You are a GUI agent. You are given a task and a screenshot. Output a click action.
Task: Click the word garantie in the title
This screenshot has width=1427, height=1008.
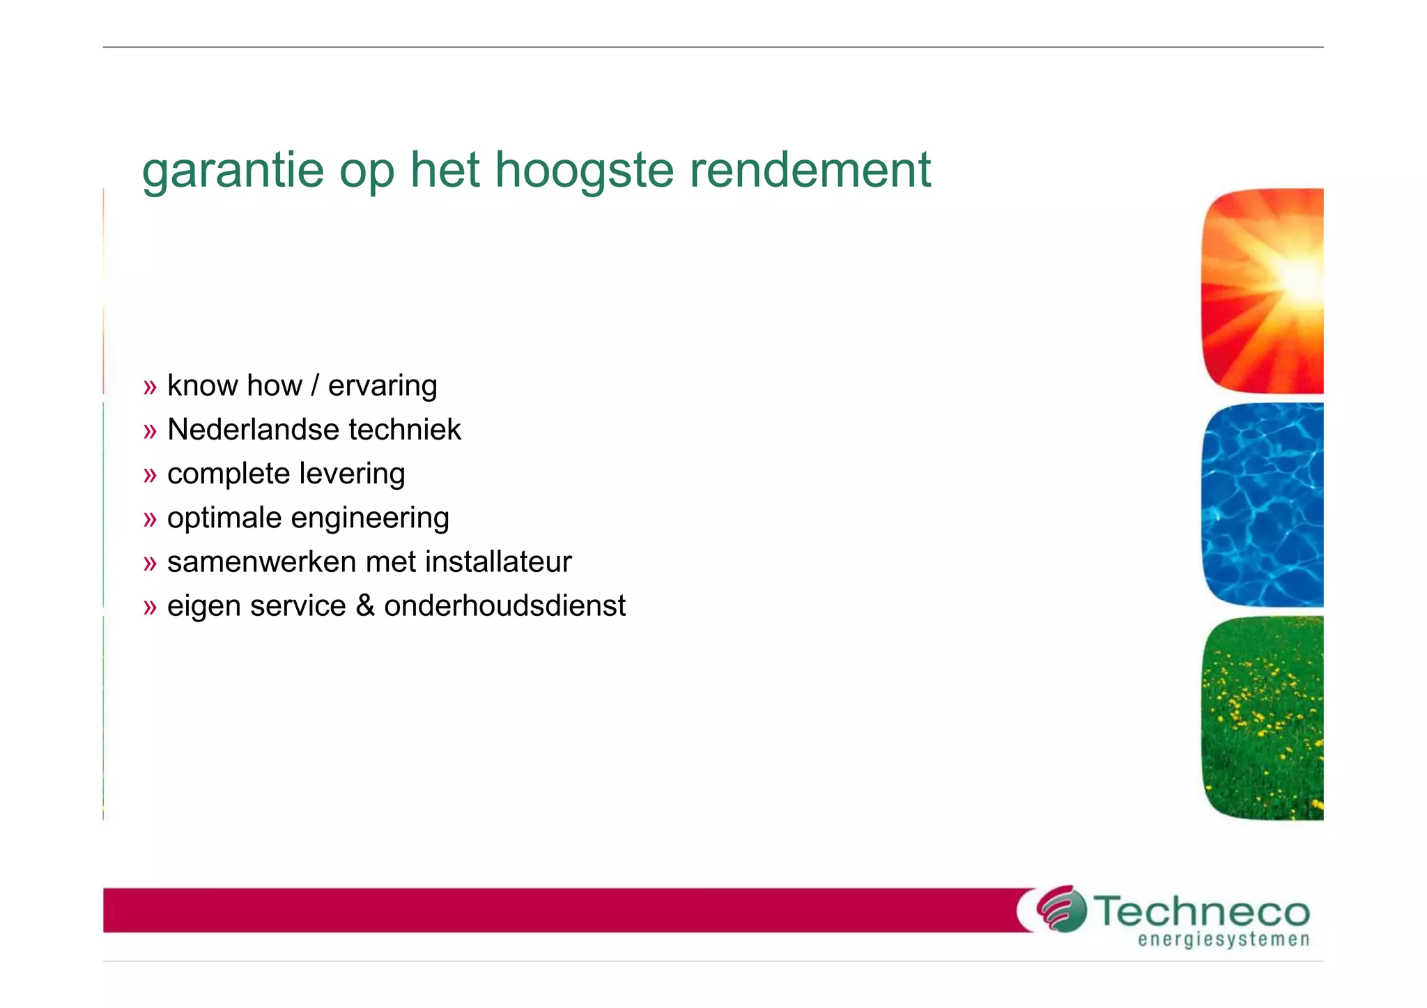pyautogui.click(x=233, y=171)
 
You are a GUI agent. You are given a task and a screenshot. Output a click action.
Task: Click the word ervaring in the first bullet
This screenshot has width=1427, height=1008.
pyautogui.click(x=383, y=387)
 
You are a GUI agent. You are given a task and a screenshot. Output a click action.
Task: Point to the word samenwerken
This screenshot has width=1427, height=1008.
pyautogui.click(x=261, y=562)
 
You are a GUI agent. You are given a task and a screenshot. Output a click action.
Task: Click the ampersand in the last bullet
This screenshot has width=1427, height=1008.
pyautogui.click(x=365, y=606)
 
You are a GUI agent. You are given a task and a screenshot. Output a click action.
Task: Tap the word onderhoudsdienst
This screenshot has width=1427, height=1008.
pyautogui.click(x=504, y=606)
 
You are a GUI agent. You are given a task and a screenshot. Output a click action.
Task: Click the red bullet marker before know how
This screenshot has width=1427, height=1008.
pyautogui.click(x=150, y=387)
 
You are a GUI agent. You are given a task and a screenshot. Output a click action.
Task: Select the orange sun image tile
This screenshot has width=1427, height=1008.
pyautogui.click(x=1263, y=291)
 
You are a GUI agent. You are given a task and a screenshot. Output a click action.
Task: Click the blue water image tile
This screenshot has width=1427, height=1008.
pyautogui.click(x=1263, y=505)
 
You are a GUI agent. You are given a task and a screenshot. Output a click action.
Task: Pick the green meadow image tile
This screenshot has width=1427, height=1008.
pyautogui.click(x=1263, y=718)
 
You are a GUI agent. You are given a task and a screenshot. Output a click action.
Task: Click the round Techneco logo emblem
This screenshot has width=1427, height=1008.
pyautogui.click(x=1060, y=908)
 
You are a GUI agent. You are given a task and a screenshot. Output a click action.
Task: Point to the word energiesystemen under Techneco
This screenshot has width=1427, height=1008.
pyautogui.click(x=1224, y=940)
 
